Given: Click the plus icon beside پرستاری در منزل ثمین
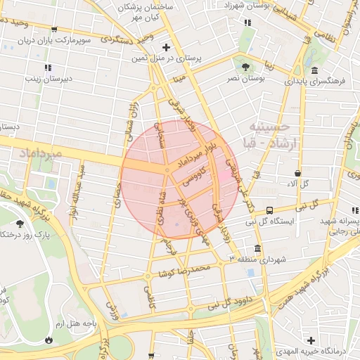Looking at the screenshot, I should [x=166, y=48].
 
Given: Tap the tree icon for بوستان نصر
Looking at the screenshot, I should [x=245, y=67].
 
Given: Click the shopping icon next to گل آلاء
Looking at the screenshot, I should [x=298, y=173].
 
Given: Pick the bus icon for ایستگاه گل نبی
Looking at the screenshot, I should [x=270, y=210].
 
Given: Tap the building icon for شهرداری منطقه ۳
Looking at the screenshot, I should [x=258, y=249].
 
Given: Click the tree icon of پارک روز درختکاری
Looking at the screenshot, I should [x=19, y=224].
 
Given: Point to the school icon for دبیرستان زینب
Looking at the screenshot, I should [x=47, y=68].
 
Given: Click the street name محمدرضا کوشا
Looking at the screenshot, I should [x=184, y=270].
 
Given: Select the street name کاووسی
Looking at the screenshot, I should [x=195, y=176].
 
